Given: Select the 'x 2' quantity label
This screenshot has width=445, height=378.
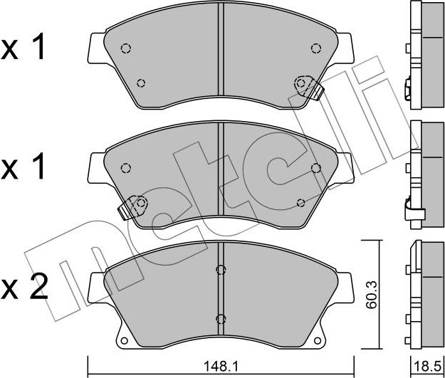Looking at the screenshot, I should point(26,288).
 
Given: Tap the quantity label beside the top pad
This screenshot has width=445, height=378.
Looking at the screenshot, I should point(26,48).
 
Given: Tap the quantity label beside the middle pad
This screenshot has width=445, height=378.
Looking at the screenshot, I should point(26,168).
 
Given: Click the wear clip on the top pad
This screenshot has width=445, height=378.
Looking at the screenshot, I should point(308,87).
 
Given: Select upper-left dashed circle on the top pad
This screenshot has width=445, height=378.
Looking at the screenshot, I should point(126,48).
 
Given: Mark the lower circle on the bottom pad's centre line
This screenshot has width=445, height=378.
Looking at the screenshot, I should point(221,318).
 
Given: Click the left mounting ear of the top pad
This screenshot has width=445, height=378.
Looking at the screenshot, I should point(95,48).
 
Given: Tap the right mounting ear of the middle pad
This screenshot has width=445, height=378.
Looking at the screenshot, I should point(347,169).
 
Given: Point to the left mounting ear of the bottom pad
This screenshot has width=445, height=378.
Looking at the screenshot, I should point(95,288).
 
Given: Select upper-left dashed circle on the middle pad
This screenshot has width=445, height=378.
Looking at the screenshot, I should point(126,168).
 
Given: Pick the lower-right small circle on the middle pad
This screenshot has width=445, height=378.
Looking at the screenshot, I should point(300,203).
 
